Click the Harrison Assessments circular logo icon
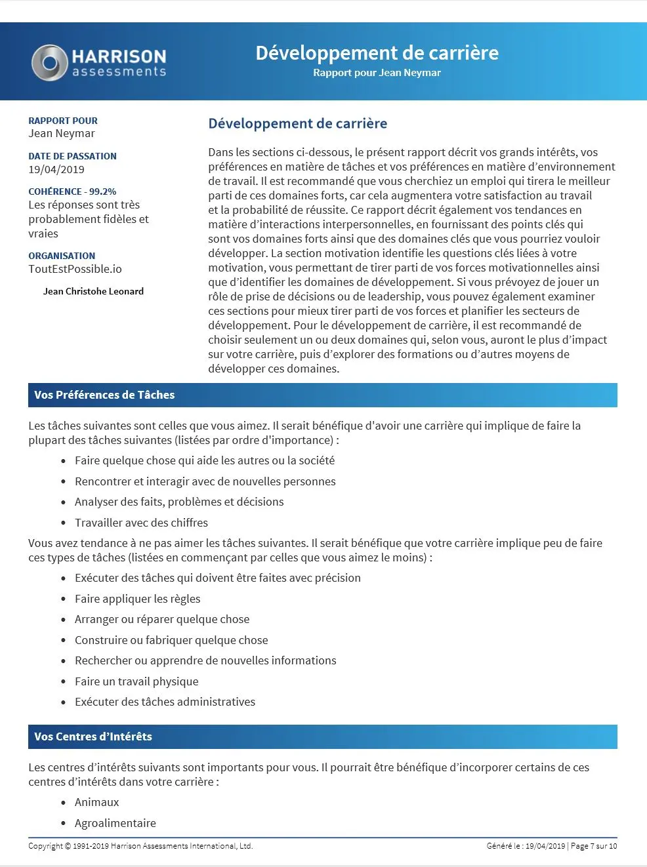click(49, 63)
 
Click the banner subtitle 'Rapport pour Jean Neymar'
click(377, 73)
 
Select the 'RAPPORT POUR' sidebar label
click(63, 121)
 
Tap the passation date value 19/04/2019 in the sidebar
click(56, 169)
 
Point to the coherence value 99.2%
click(102, 192)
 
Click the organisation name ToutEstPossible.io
click(75, 269)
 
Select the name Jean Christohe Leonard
click(93, 291)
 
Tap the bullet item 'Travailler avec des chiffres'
click(141, 523)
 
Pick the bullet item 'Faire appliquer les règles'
click(137, 599)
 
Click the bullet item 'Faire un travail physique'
click(136, 681)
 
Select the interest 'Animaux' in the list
click(97, 802)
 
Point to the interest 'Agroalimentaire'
click(115, 823)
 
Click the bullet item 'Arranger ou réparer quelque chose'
click(162, 619)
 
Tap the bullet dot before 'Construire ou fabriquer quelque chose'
click(64, 641)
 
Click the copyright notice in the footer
click(140, 846)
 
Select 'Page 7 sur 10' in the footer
click(594, 846)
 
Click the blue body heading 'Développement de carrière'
click(297, 123)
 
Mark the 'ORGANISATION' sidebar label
click(62, 256)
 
